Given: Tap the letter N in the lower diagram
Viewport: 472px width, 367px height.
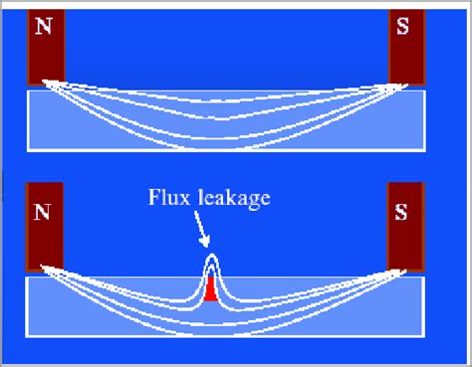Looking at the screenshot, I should (x=42, y=212).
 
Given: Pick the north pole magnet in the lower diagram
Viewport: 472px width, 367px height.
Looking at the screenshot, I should (x=46, y=229).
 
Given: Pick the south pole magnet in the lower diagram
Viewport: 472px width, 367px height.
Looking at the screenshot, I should (x=405, y=229).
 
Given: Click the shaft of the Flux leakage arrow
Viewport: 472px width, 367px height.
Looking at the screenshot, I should (x=200, y=227).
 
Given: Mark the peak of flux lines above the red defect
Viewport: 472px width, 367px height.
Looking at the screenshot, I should (x=210, y=257).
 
